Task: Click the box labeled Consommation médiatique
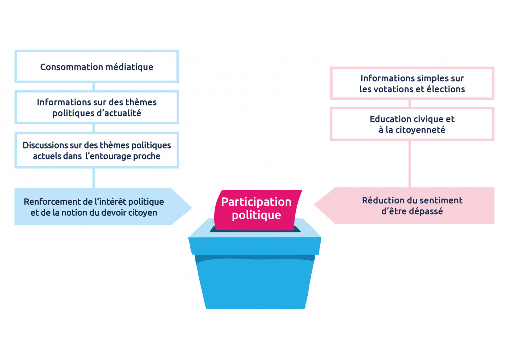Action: pos(96,66)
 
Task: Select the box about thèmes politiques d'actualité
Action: pos(96,107)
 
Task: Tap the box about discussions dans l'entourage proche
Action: pos(96,150)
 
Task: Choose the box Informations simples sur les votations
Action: pos(412,83)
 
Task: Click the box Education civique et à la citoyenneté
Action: pos(412,124)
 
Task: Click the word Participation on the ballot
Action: pos(256,202)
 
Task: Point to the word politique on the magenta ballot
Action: pos(256,215)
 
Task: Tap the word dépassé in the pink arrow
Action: pos(426,211)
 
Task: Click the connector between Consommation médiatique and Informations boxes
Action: pos(94,87)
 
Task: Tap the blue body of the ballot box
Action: pos(255,283)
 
